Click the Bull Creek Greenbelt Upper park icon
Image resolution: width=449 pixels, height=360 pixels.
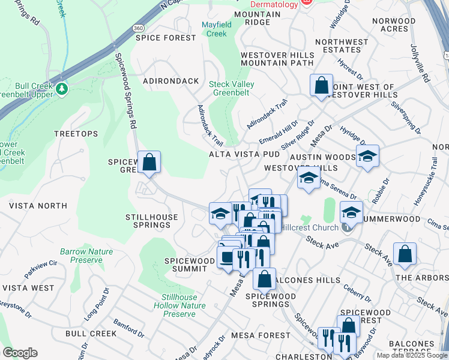(x=61, y=89)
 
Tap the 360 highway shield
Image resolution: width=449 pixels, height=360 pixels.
(x=138, y=28)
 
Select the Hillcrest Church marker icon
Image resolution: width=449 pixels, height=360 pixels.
(x=346, y=227)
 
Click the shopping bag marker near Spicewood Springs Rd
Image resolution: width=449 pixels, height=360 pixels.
(x=149, y=163)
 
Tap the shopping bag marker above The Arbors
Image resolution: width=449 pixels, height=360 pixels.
(x=405, y=254)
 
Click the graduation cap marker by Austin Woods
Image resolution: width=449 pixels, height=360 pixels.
(x=367, y=157)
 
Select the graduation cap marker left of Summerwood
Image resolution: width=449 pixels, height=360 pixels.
(x=352, y=212)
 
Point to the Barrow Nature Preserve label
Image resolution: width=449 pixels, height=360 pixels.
(x=81, y=256)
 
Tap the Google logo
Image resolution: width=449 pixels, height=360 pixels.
(x=20, y=353)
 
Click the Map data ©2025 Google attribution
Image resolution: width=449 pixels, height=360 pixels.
(x=411, y=355)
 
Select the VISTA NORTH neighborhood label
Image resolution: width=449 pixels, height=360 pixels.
(x=38, y=206)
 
